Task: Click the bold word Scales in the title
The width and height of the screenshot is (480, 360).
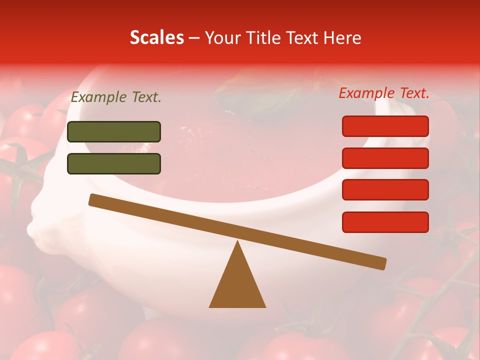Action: pyautogui.click(x=156, y=37)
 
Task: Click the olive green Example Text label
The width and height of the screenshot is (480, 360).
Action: pyautogui.click(x=116, y=97)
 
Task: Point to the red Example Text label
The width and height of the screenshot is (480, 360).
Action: pyautogui.click(x=384, y=93)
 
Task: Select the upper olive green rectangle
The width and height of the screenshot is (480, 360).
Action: pyautogui.click(x=114, y=131)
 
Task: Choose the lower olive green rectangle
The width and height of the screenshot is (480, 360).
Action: pyautogui.click(x=114, y=163)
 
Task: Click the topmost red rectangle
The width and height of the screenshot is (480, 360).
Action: pyautogui.click(x=385, y=126)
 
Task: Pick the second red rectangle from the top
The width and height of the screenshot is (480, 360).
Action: pyautogui.click(x=385, y=158)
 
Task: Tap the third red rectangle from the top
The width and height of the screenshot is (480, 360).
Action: pyautogui.click(x=385, y=190)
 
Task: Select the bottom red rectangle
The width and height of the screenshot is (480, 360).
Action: pyautogui.click(x=385, y=222)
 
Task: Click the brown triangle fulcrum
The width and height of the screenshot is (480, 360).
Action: pyautogui.click(x=237, y=285)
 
